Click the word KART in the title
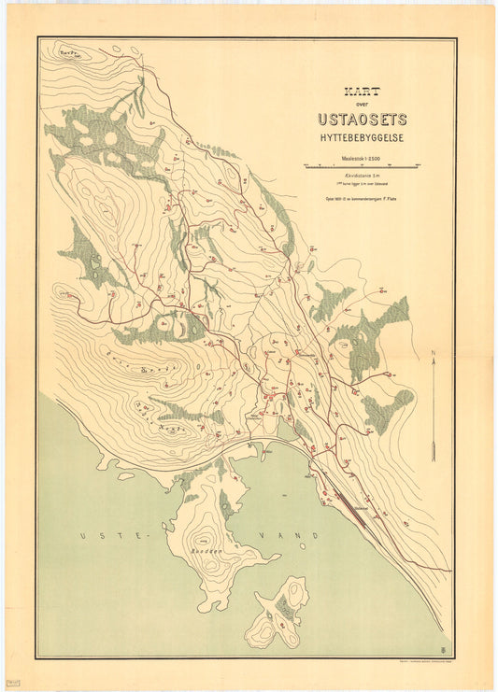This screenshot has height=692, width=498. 362,94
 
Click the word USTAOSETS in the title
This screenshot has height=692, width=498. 362,120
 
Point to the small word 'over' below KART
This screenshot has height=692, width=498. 362,106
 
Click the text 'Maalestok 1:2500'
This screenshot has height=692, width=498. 362,158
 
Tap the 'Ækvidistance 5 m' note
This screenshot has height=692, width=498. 361,176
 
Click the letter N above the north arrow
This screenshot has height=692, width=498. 434,352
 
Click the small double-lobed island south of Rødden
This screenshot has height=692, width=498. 281,614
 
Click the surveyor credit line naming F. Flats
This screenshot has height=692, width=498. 361,197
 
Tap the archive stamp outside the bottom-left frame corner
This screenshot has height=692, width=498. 11,682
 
